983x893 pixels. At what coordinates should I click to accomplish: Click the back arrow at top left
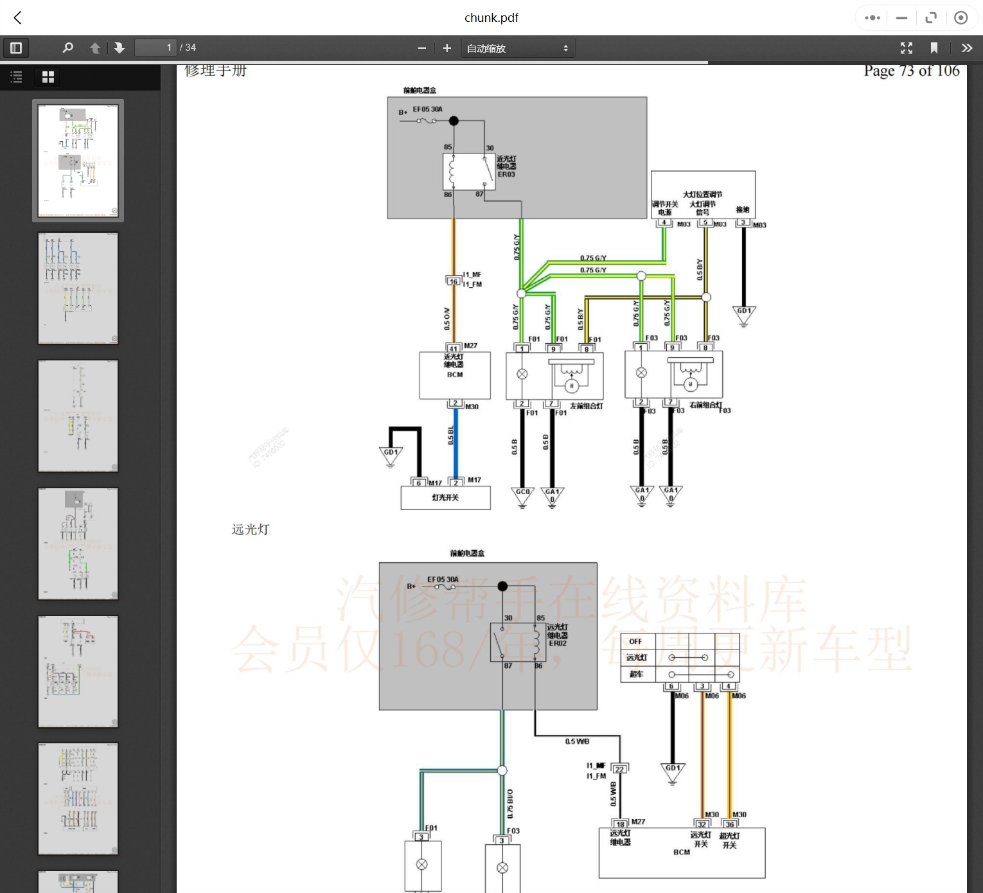pos(18,18)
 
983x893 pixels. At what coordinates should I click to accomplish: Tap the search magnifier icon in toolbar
pos(67,48)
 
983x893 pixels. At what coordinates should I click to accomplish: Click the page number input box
pos(155,48)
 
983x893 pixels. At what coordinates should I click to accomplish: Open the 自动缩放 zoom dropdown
pos(517,48)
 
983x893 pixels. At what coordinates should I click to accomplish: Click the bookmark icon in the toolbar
pos(934,48)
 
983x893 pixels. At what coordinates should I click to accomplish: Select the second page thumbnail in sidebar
pos(78,288)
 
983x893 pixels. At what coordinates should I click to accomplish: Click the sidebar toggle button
pos(16,48)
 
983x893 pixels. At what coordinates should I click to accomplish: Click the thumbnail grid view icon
pos(48,77)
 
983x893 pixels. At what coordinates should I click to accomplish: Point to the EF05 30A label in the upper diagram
pos(427,109)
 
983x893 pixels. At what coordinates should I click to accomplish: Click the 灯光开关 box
pos(445,498)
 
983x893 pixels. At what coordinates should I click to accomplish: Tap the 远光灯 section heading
pos(251,529)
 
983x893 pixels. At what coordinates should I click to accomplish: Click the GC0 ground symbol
pos(522,496)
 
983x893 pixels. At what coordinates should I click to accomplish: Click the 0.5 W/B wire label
pos(577,741)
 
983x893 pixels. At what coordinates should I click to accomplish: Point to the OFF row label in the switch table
pos(635,641)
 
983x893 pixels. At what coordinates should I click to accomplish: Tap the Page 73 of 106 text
pos(911,71)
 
